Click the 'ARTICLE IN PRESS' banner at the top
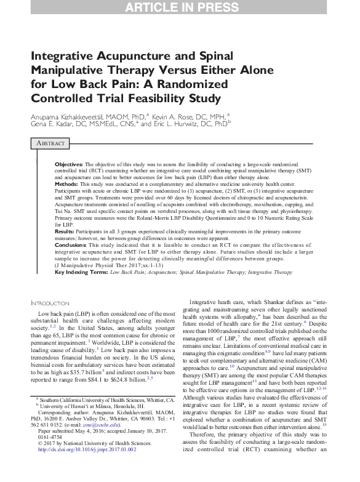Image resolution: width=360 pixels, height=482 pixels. click(x=180, y=8)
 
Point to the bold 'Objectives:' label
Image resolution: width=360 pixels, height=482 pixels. click(x=69, y=166)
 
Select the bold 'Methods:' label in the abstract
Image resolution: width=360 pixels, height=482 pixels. click(x=68, y=184)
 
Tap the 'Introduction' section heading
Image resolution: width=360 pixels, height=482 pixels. click(x=54, y=303)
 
